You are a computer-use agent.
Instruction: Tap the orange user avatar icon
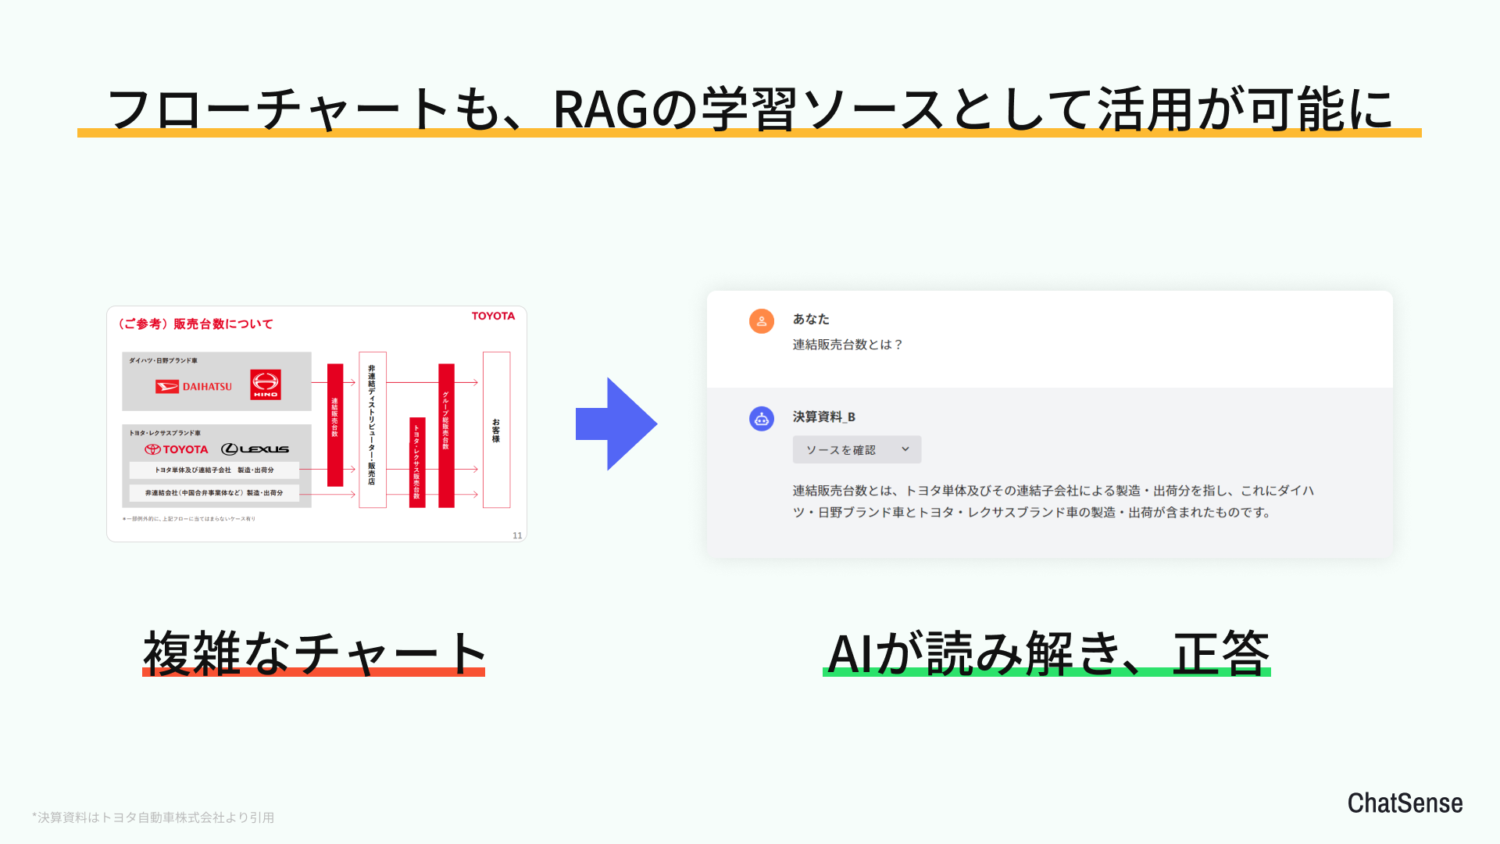761,320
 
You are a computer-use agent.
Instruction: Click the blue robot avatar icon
761,419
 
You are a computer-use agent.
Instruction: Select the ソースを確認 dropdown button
856,449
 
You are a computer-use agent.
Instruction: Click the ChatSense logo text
1404,803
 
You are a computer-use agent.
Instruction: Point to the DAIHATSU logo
194,386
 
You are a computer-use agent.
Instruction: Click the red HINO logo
266,384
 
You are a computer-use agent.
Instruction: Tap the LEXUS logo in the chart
255,449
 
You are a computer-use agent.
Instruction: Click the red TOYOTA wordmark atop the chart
493,316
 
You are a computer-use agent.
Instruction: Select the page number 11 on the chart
517,535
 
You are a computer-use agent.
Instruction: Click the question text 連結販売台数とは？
848,345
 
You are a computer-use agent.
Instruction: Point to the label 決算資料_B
823,417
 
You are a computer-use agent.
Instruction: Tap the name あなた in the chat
811,319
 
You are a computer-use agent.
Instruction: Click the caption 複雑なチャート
314,653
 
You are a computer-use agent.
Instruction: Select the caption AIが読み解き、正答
1047,653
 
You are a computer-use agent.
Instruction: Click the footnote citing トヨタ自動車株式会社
153,817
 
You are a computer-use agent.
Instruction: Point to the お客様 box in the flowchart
496,430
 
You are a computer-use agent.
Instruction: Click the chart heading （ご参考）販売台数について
195,324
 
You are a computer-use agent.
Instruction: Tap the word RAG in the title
600,109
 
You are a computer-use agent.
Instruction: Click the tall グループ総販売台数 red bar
446,435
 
